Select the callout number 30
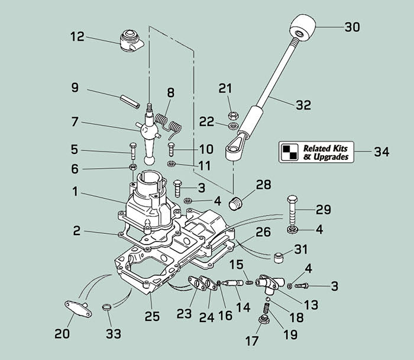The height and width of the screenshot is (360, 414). [x=352, y=27]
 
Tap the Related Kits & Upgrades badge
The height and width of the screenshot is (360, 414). [x=316, y=152]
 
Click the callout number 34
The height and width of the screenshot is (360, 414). [x=381, y=152]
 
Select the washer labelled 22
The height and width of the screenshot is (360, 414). [x=232, y=126]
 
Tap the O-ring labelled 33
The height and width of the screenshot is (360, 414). [x=106, y=308]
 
